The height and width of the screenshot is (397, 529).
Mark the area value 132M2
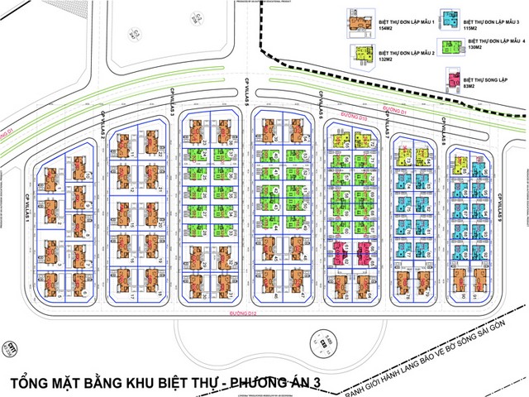pos(386,60)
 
